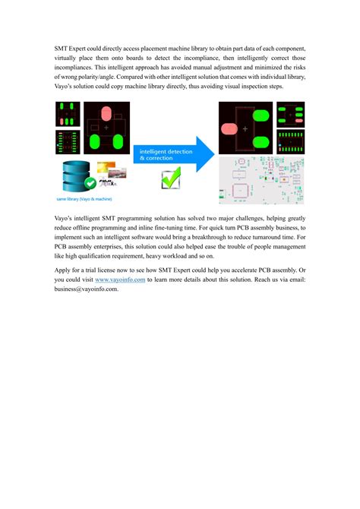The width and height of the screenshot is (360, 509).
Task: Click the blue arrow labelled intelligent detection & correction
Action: pos(171,156)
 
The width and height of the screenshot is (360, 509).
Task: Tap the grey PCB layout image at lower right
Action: pos(261,181)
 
